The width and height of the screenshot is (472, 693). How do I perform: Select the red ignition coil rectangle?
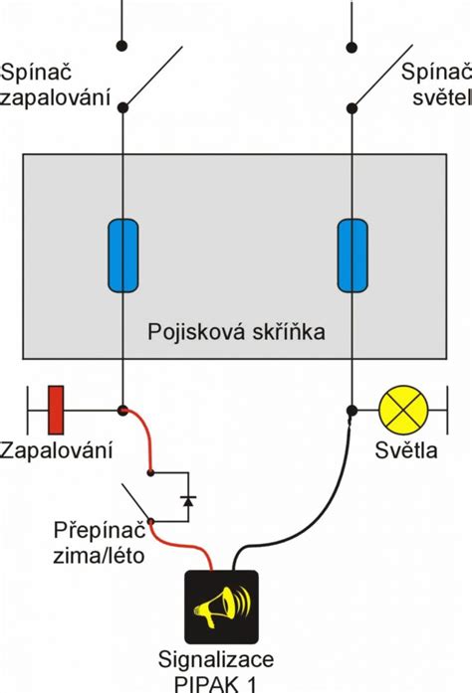[57, 409]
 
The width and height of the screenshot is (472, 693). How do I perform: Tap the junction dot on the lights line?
[352, 410]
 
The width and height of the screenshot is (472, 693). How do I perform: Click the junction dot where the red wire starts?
[122, 410]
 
